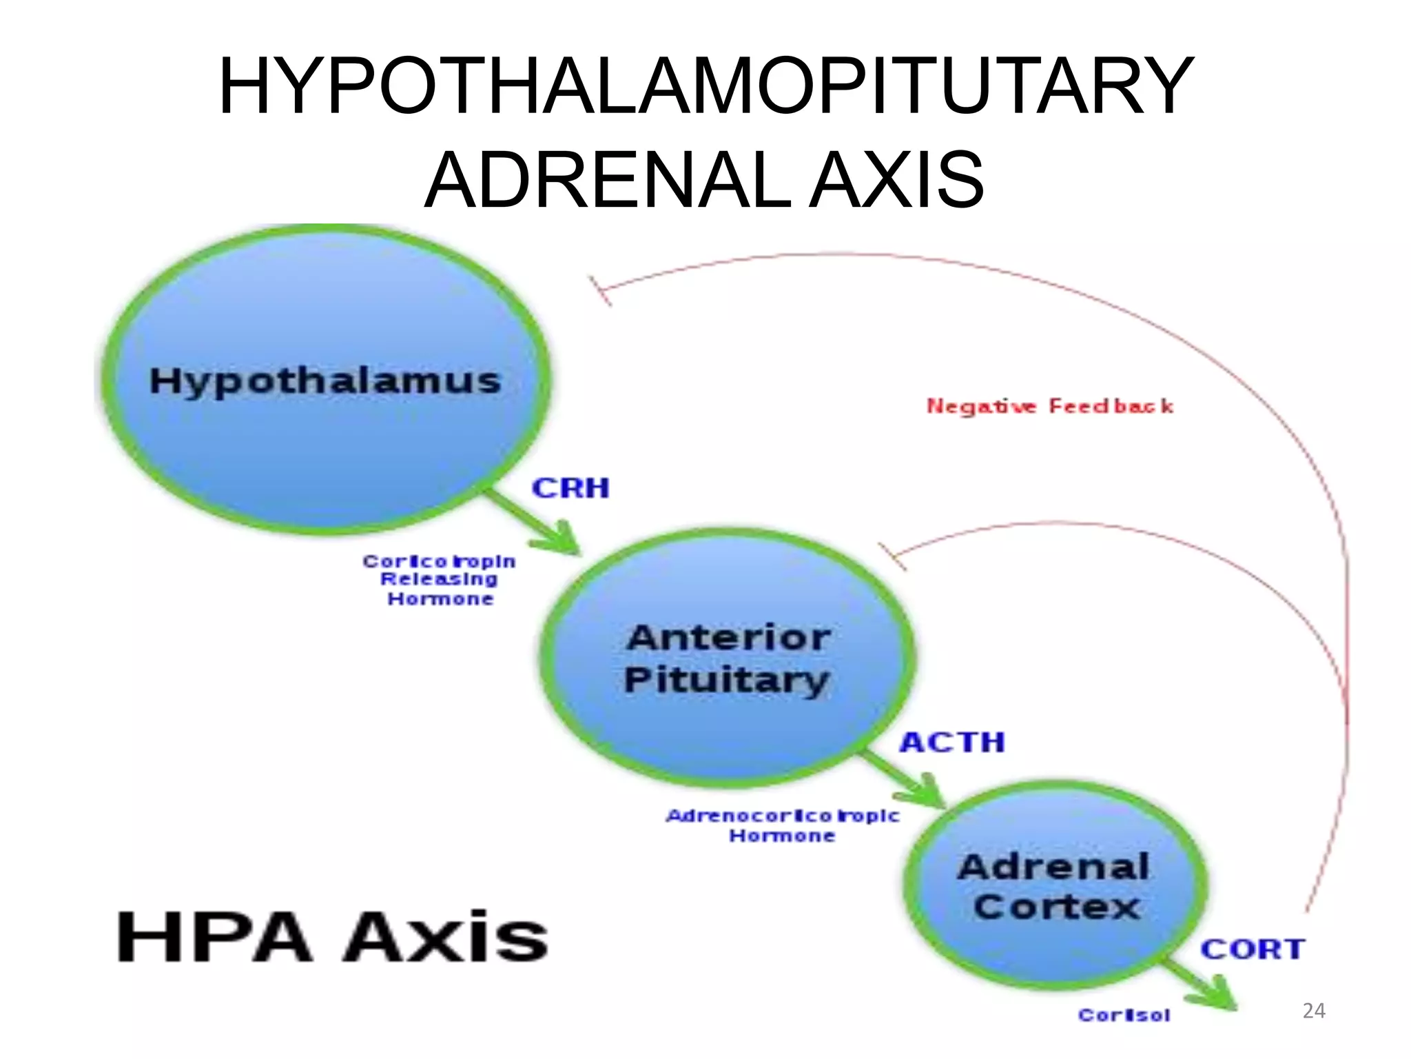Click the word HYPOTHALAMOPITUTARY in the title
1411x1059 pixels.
[705, 87]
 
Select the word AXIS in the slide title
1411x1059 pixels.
[896, 181]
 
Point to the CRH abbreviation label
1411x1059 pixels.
[570, 488]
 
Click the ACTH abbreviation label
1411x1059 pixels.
[952, 743]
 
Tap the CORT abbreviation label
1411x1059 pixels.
[1253, 949]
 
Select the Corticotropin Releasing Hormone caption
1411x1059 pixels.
[440, 580]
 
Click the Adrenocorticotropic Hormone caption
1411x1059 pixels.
[783, 825]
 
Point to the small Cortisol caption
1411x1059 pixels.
[1124, 1015]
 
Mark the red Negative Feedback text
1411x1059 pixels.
[1049, 406]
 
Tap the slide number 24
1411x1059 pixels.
[1313, 1011]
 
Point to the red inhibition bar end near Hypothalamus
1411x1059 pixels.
[600, 290]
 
